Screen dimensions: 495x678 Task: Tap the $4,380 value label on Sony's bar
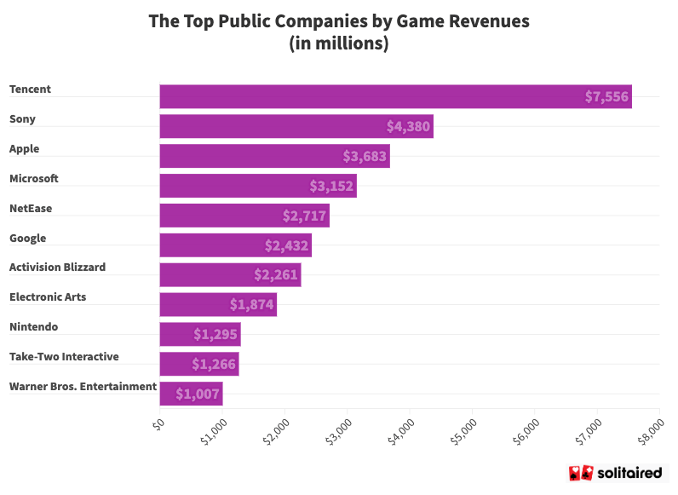coord(409,127)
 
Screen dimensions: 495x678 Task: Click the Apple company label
coord(25,149)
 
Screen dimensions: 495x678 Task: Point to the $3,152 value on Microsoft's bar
coord(331,186)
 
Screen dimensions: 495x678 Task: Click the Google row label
coord(28,239)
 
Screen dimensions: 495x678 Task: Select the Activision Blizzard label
coord(58,268)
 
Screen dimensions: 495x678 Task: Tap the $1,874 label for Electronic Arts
coord(251,304)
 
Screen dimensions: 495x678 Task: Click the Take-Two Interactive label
coord(64,357)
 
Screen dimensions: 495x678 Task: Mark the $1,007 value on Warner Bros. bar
coord(198,394)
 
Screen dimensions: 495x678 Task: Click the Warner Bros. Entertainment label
coord(83,387)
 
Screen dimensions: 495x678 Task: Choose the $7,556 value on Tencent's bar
coord(606,97)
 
